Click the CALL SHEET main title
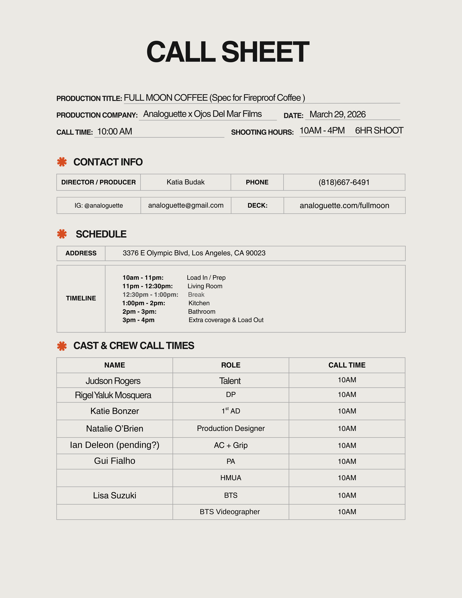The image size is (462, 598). point(228,52)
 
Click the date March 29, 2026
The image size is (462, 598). point(337,114)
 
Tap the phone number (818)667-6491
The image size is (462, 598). point(344,182)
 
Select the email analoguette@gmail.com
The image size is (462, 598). point(186,205)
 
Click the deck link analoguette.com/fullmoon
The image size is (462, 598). point(344,206)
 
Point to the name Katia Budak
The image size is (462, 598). point(186,182)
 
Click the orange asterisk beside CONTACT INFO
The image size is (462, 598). point(62,162)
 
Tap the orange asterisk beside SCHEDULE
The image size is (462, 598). point(62,234)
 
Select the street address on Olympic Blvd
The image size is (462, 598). point(194,253)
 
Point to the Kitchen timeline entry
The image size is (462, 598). point(199,303)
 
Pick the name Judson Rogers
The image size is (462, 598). point(113,381)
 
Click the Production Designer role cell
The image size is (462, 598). point(231,428)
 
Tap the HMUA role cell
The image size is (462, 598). point(231,478)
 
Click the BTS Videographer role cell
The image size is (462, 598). point(230,512)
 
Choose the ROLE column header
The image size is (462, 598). point(231,365)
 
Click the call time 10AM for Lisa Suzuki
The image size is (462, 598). point(347,495)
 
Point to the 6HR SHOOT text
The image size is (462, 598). point(379,131)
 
